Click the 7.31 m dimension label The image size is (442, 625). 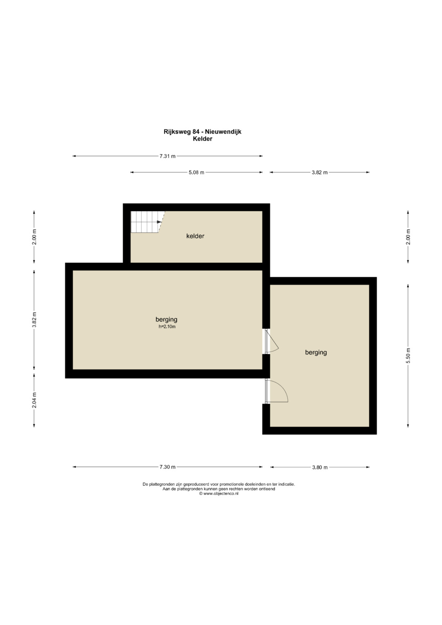click(167, 156)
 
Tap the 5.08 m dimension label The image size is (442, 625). click(196, 172)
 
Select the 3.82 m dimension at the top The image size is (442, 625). click(320, 172)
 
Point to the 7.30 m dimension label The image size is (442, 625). click(167, 467)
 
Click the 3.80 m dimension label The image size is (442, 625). click(320, 467)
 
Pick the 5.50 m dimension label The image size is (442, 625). click(408, 356)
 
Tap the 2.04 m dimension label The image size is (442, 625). click(34, 400)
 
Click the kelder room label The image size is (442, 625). click(195, 236)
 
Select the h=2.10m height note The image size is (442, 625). click(167, 327)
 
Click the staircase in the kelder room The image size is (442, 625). click(147, 222)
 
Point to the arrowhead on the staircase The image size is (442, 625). click(159, 222)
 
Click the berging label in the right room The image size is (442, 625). click(316, 352)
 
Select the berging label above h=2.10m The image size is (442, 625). click(166, 320)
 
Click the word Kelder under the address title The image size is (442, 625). click(203, 139)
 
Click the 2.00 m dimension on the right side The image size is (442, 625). click(408, 237)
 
